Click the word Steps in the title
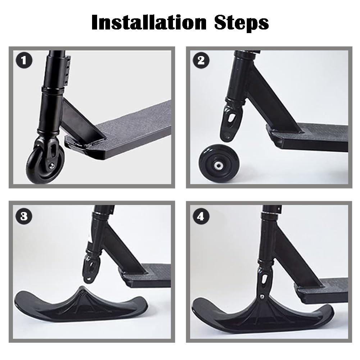point(242,22)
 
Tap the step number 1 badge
point(24,60)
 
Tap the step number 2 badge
point(201,60)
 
